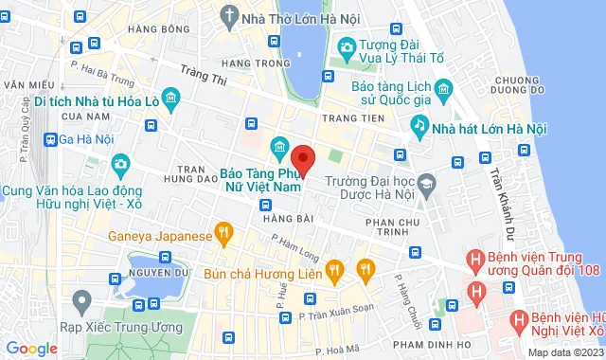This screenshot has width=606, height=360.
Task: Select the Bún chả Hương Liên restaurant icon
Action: (x=333, y=272)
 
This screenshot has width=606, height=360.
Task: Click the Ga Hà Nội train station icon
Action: (x=48, y=138)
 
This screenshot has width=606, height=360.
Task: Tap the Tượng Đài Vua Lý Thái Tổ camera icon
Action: (x=347, y=46)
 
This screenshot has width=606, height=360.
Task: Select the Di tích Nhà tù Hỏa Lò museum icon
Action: (x=169, y=98)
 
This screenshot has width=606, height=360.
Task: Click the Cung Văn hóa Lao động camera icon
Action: (x=120, y=165)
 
